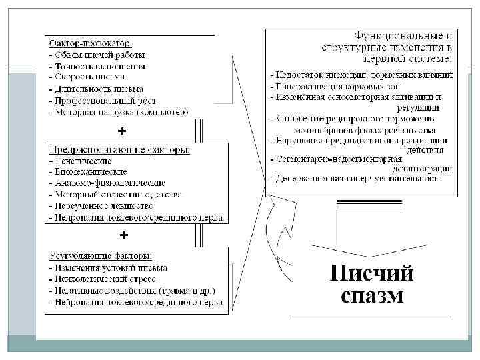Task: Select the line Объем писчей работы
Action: click(100, 55)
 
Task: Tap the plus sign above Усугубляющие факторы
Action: click(123, 236)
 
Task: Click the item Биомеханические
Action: click(89, 172)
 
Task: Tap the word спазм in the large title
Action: click(371, 295)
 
